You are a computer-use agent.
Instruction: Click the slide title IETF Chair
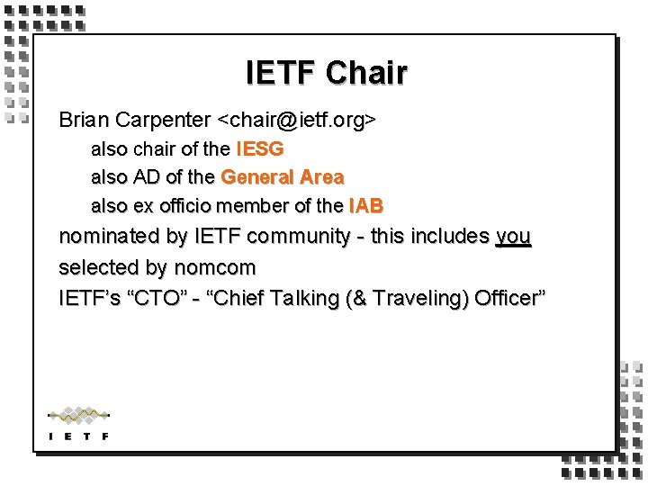[326, 73]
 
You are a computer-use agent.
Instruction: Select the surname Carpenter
[164, 120]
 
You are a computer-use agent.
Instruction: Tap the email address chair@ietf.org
[297, 120]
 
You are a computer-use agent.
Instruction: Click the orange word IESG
[260, 148]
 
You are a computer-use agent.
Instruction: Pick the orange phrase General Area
[282, 177]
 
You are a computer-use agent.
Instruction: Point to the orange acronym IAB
[365, 206]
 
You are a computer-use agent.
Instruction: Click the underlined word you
[513, 237]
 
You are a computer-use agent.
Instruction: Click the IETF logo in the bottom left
[78, 423]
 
